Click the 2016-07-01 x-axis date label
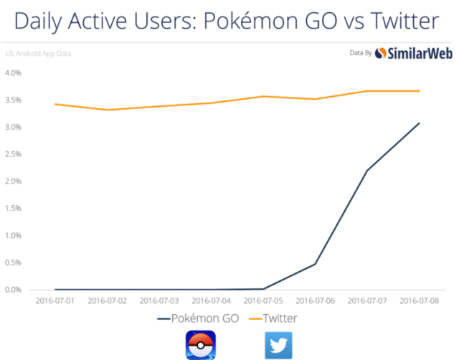55,301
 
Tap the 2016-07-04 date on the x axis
212,301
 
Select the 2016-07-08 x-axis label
420,301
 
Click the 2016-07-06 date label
316,301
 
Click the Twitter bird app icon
279,344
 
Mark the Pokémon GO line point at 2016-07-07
367,170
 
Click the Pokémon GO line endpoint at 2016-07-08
420,123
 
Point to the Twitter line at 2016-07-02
108,110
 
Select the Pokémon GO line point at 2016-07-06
316,264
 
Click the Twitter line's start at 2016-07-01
55,104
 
